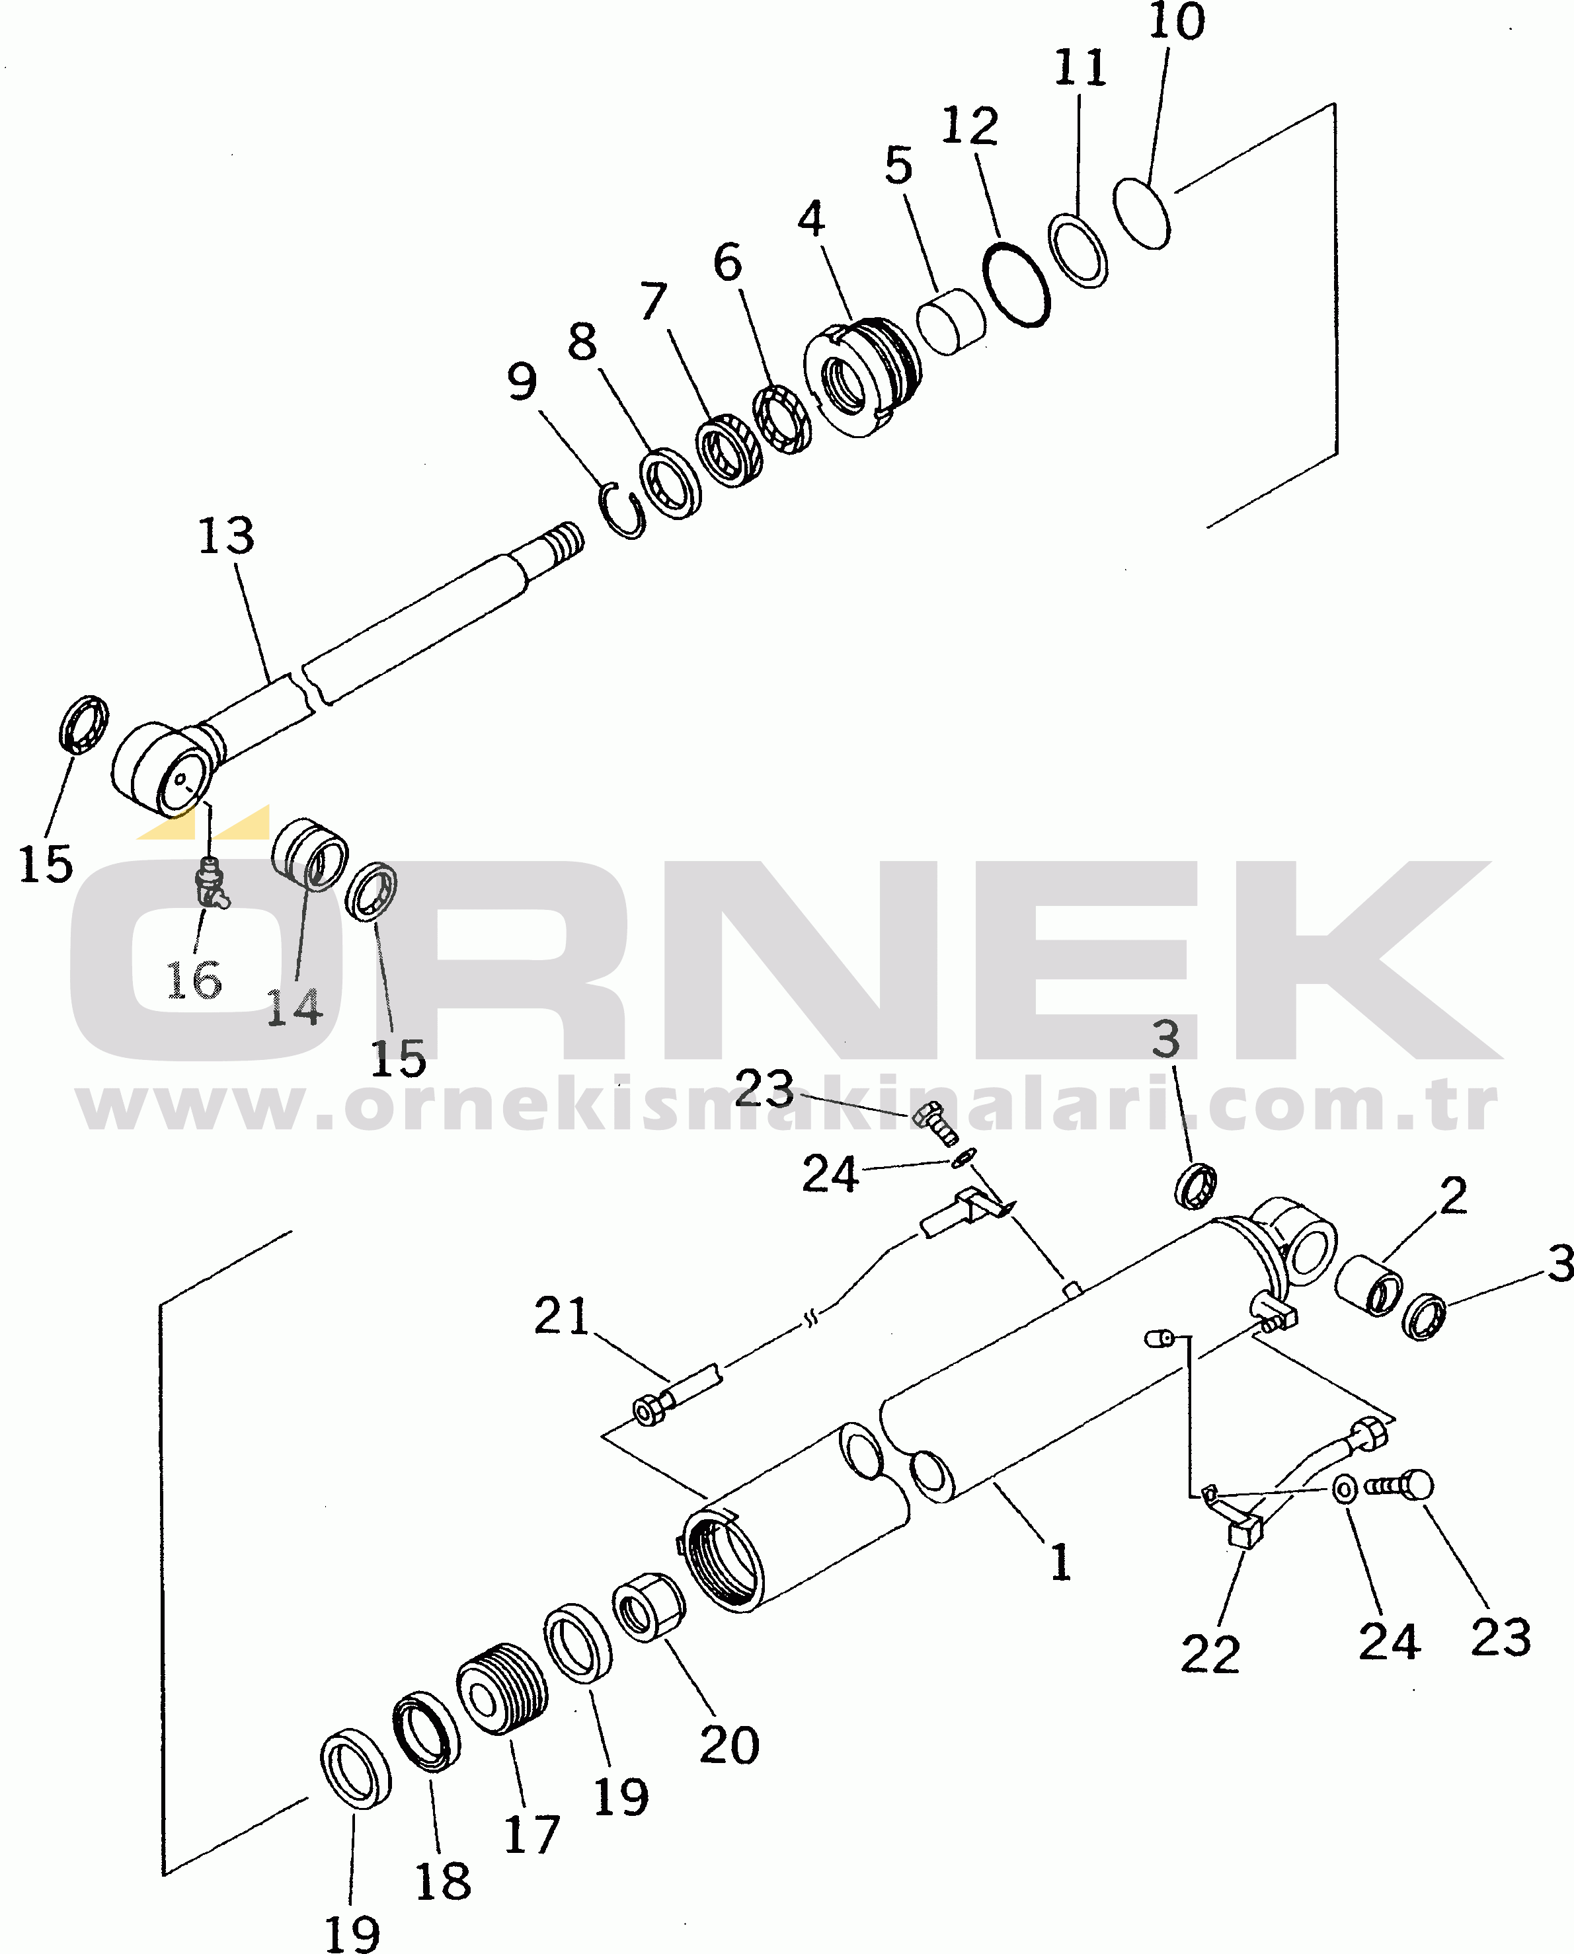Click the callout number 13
click(x=226, y=536)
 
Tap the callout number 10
click(x=1177, y=21)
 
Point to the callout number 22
click(x=1210, y=1654)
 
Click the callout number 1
click(x=1060, y=1561)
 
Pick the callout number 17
click(x=532, y=1834)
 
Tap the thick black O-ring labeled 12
click(x=1017, y=283)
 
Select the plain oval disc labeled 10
click(x=1142, y=213)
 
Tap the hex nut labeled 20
click(x=649, y=1607)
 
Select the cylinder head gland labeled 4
click(x=861, y=377)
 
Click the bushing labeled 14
click(x=309, y=854)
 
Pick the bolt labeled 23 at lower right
click(x=1399, y=1485)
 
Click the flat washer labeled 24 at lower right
click(x=1345, y=1488)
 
